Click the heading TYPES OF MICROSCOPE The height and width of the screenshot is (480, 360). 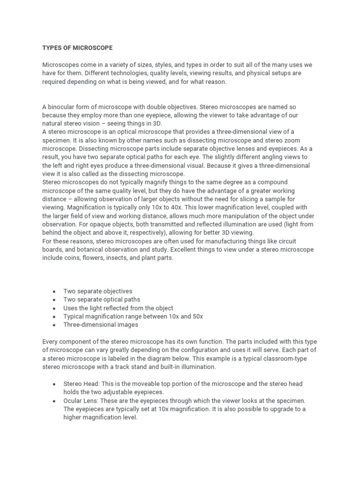[x=77, y=48]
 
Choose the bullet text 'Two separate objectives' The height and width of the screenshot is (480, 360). [x=98, y=291]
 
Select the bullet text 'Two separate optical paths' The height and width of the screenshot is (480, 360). [x=102, y=300]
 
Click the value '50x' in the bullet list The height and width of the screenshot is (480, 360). [x=197, y=316]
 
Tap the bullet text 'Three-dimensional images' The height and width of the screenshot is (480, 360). [x=101, y=324]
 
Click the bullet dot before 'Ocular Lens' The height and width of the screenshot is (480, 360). [x=53, y=401]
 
